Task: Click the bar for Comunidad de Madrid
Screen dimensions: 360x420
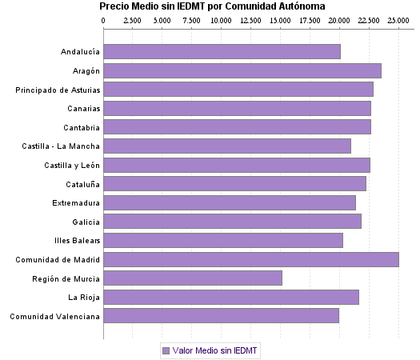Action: pos(251,259)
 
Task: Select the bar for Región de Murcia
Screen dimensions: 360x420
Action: pos(193,278)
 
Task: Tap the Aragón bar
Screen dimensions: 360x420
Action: pos(242,70)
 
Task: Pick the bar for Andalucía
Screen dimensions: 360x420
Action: pos(222,52)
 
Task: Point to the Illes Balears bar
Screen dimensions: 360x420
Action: pos(223,240)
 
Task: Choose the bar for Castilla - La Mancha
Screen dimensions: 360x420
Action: pos(227,146)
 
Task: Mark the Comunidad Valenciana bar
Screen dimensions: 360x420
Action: pos(221,316)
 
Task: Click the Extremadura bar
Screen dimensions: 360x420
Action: pos(230,202)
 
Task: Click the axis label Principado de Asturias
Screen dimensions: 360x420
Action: pos(58,90)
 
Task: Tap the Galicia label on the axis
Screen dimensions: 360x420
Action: pos(86,222)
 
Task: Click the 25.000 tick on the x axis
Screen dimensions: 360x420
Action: pos(398,20)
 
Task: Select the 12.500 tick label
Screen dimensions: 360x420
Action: pos(250,20)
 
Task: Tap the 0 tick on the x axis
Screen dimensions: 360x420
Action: pos(103,20)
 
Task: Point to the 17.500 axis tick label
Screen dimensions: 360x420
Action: pos(310,20)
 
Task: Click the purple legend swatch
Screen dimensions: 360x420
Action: pos(166,350)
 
